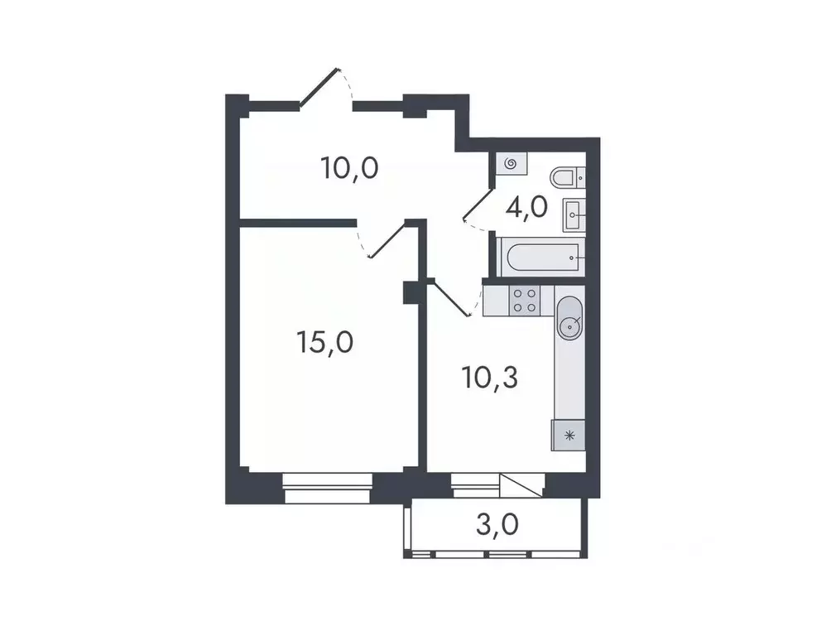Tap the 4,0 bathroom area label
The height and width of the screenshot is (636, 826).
pyautogui.click(x=526, y=206)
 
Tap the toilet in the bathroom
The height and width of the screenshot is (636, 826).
pyautogui.click(x=567, y=176)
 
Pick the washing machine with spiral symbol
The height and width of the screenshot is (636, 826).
pyautogui.click(x=510, y=164)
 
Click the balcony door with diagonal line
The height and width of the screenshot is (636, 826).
pyautogui.click(x=521, y=485)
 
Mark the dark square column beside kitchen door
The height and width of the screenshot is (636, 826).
pyautogui.click(x=411, y=292)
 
